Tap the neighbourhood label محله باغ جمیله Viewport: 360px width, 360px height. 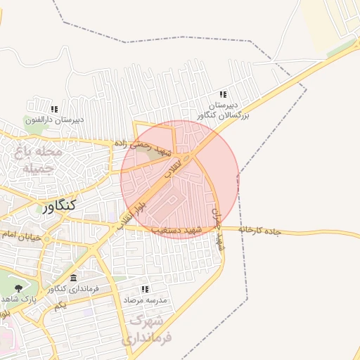coord(43,160)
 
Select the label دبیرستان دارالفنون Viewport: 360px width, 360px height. coord(55,120)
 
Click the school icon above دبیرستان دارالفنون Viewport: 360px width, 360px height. coord(55,109)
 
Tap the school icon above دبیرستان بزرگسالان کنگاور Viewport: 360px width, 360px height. coord(224,94)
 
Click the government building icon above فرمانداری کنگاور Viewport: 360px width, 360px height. coord(73,278)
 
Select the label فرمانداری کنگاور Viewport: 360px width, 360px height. coord(73,289)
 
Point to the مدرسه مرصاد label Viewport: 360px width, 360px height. coord(146,300)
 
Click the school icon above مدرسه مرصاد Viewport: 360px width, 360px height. coord(146,289)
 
